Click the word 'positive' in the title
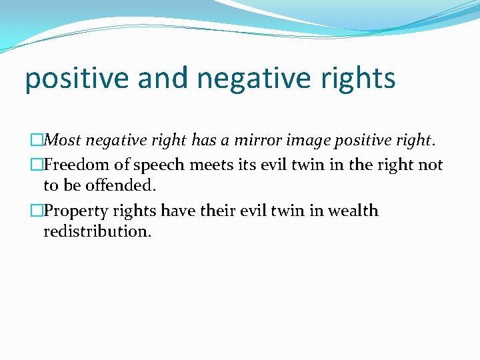coord(76,79)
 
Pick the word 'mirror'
coord(254,141)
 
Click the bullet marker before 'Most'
coord(37,141)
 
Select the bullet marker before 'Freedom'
coord(37,165)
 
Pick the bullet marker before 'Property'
coord(37,211)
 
